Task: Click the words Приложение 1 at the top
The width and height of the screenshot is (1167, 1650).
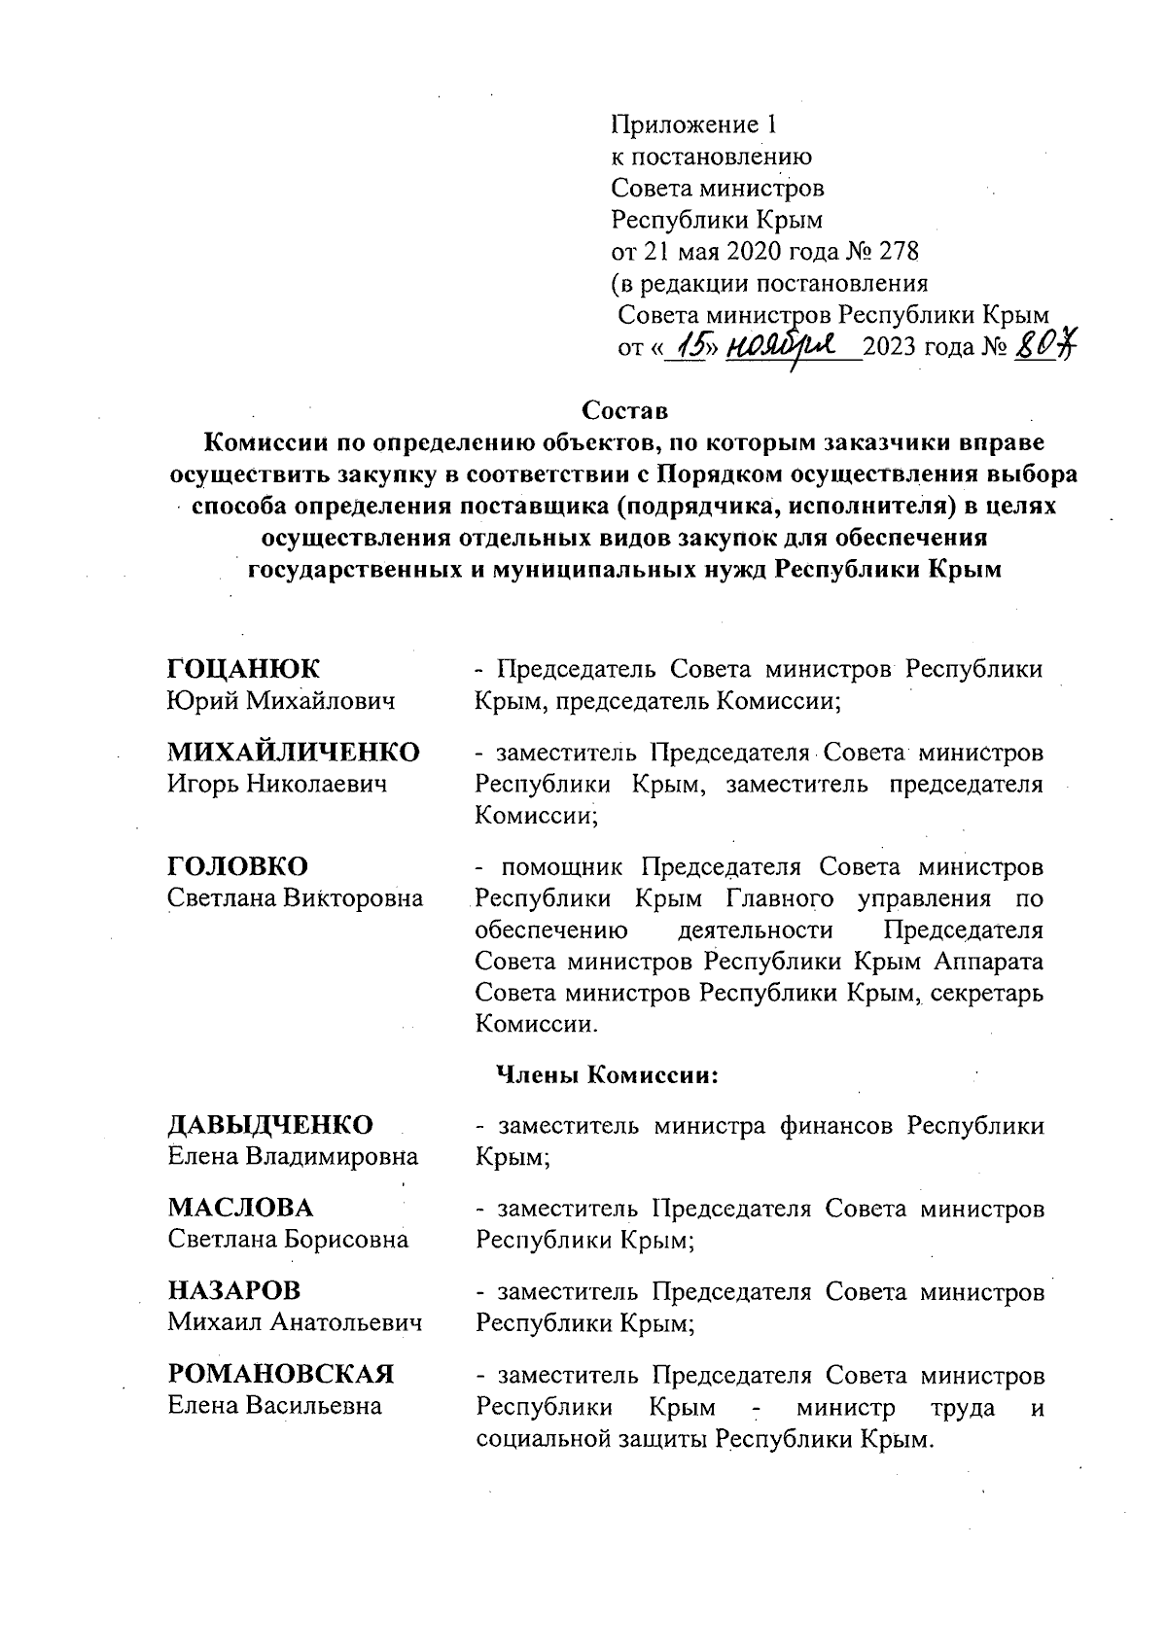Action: (x=694, y=124)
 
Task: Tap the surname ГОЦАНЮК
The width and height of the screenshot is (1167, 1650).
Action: (x=243, y=669)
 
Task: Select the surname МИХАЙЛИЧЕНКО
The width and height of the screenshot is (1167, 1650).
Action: (x=294, y=752)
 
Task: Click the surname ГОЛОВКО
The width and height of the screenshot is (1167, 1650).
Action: (x=238, y=866)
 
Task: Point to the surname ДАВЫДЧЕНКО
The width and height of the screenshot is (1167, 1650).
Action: (x=270, y=1125)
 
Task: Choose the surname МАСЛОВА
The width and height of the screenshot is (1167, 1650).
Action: (x=241, y=1208)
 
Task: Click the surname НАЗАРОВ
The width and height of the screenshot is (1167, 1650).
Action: (x=234, y=1291)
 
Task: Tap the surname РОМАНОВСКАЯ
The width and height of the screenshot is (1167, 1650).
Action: (x=281, y=1374)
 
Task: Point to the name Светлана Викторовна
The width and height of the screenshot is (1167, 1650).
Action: (x=296, y=898)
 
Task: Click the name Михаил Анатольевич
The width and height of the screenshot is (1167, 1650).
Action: (x=295, y=1322)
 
